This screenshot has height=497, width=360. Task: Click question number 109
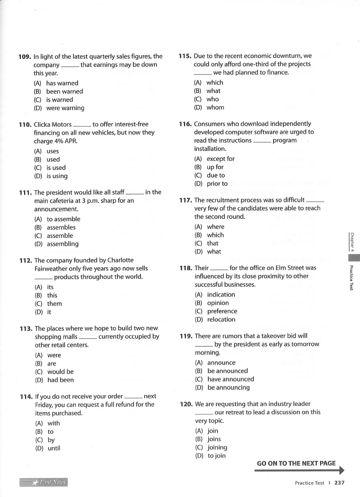25,56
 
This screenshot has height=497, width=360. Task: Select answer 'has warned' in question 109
62,83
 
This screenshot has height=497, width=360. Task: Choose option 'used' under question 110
53,159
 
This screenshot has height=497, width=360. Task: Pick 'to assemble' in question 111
63,219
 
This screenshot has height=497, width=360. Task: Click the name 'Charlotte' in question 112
116,260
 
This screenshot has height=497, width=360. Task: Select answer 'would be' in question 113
60,372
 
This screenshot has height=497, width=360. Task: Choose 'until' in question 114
54,448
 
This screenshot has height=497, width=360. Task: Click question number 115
185,56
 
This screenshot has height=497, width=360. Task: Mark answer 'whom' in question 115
215,108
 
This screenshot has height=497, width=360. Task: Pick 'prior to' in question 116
217,184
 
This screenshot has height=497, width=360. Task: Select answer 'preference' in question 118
222,311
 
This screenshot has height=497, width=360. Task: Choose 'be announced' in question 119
227,371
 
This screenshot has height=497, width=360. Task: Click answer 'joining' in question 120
217,448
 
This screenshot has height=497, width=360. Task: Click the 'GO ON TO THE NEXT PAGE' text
296,463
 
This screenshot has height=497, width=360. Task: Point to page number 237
339,483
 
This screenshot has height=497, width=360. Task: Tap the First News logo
44,483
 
